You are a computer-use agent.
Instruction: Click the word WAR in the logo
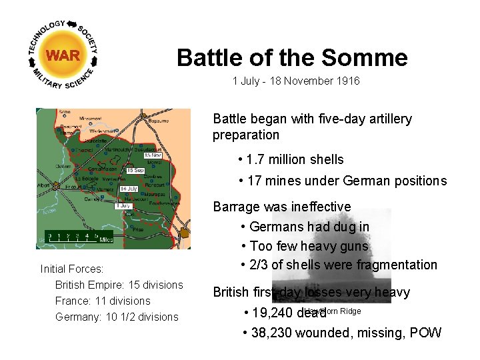point(63,55)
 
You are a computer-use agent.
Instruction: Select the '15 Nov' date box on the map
point(153,155)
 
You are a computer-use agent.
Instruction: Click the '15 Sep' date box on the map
point(135,171)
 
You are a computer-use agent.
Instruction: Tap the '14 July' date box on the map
point(128,189)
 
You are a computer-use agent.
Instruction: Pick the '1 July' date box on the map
point(123,206)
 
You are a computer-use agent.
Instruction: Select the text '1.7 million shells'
point(295,159)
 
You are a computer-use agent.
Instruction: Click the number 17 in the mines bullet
point(253,181)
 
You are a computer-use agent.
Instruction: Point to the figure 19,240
point(272,313)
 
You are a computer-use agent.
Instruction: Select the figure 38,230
point(272,333)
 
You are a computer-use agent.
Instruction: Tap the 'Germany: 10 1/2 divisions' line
point(117,317)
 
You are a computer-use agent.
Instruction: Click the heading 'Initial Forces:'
point(72,269)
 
